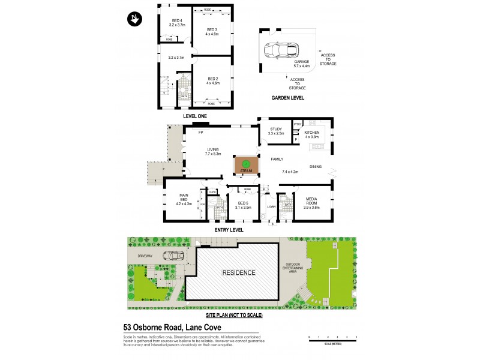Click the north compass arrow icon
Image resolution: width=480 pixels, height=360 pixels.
point(134,19)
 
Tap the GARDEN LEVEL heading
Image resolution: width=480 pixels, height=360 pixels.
point(287,98)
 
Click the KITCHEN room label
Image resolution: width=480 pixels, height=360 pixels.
point(312,133)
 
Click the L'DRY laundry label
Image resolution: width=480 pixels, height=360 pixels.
point(270,207)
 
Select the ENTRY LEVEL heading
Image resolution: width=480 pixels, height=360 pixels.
point(229,229)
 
